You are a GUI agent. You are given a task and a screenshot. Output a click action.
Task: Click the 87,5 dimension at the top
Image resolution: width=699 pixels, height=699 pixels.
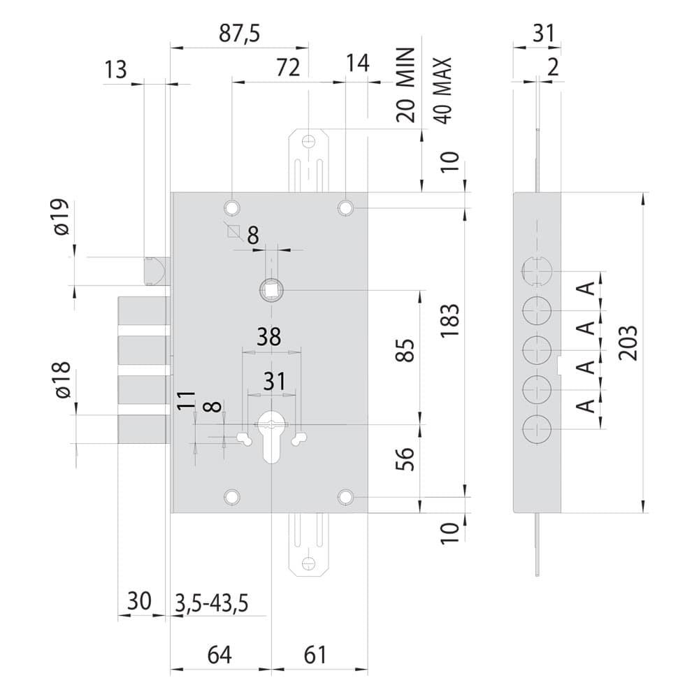pos(239,34)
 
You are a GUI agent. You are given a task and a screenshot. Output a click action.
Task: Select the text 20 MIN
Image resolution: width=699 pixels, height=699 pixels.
pos(405,85)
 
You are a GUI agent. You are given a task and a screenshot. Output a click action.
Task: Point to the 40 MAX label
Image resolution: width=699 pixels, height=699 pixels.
pos(442,90)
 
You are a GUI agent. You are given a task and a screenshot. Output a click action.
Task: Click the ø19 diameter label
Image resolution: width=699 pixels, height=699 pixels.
pos(62,217)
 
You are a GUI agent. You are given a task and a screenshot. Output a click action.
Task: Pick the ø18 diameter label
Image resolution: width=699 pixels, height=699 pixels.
pos(62,380)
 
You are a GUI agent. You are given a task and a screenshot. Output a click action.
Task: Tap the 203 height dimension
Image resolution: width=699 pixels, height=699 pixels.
pos(629,343)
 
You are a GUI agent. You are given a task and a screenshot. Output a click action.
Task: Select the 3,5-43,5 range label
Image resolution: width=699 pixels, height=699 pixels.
pos(211,604)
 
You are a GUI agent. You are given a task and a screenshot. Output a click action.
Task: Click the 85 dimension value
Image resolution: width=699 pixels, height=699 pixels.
pos(405,350)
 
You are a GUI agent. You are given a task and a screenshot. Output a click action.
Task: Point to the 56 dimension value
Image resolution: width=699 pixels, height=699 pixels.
pos(405,459)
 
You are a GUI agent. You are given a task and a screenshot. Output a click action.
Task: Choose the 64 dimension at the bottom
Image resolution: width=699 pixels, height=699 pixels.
pos(219,655)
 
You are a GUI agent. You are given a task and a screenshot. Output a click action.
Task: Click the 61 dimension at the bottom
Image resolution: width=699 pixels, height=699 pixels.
pos(315,655)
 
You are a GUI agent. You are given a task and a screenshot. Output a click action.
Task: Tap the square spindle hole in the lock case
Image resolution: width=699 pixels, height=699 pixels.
pos(271,290)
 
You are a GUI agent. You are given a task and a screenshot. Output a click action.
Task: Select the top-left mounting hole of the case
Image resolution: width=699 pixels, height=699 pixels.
pos(232,208)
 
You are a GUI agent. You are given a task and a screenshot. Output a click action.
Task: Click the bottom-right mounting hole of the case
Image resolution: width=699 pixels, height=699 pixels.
pos(345,496)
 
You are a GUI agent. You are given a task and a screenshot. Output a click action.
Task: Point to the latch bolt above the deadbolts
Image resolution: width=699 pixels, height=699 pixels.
pos(156,271)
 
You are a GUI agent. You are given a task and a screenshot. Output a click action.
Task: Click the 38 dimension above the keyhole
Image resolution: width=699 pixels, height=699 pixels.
pos(269,337)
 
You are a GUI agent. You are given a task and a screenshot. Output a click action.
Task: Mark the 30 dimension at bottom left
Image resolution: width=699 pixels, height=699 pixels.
pos(139,601)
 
